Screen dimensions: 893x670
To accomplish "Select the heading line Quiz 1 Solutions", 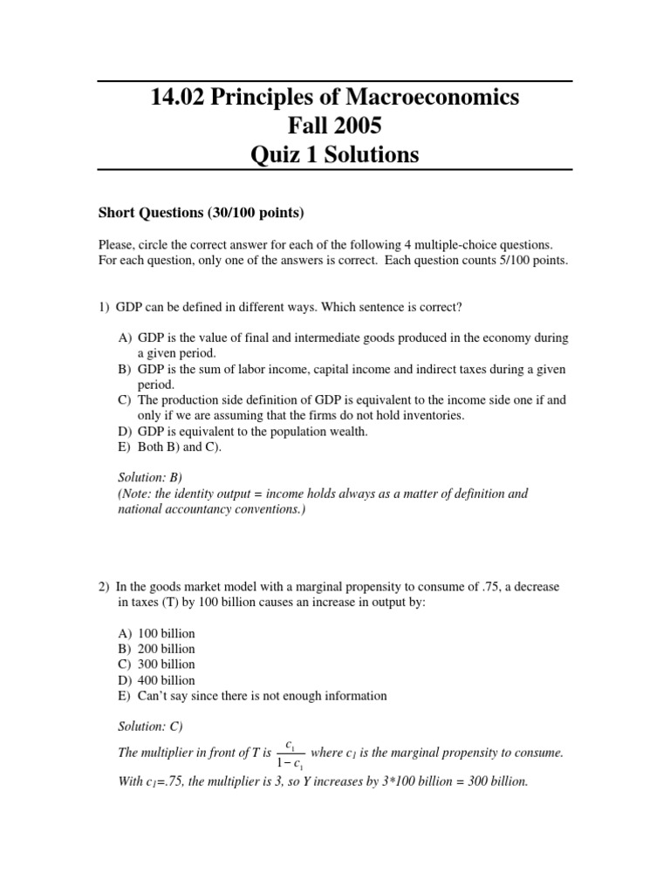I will [x=334, y=155].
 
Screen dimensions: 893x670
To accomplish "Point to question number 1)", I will [x=104, y=306].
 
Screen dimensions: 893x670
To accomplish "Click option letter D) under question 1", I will [x=126, y=432].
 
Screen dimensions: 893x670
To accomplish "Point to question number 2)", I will [x=104, y=587].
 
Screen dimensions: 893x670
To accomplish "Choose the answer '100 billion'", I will [x=167, y=633].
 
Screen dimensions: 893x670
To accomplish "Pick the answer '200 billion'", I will [x=167, y=649].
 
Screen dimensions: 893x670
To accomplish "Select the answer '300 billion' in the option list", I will [x=167, y=665].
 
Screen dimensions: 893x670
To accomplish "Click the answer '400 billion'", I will [x=167, y=680].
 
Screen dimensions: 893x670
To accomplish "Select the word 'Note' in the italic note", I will [x=136, y=494].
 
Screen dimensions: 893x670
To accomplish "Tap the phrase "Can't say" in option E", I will [x=161, y=696].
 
